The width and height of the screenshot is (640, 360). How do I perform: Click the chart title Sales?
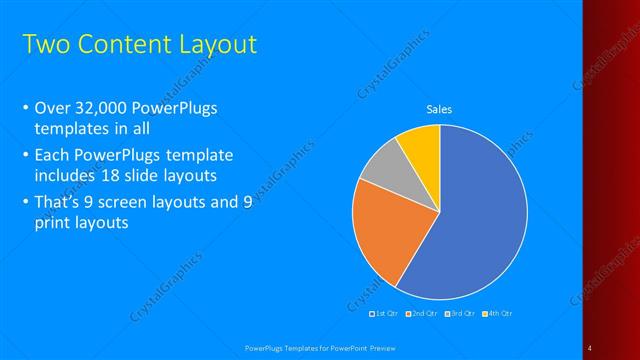[x=440, y=109]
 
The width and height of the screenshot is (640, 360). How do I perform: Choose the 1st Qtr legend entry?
[x=387, y=315]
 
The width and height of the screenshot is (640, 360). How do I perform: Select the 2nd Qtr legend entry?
[x=423, y=315]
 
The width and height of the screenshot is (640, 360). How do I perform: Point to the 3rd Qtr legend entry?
[x=460, y=315]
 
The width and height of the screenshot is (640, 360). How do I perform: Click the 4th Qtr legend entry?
[x=497, y=315]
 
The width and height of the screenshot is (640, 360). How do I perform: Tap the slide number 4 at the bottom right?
[x=590, y=347]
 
